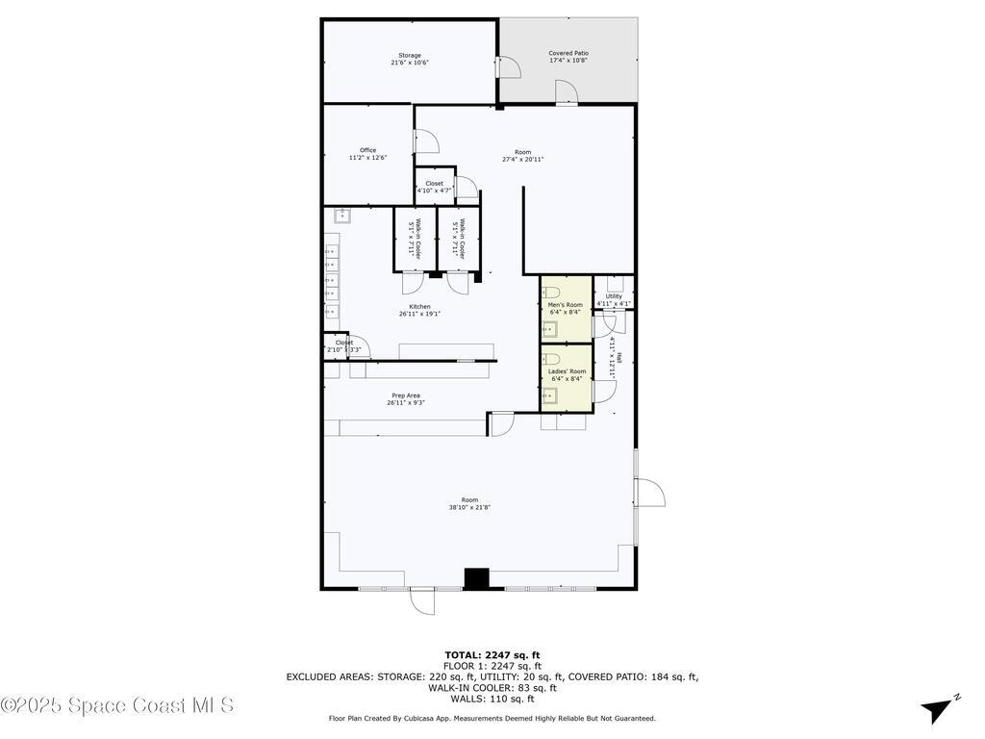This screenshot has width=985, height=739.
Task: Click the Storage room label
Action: click(410, 59)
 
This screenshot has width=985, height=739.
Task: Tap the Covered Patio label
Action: click(568, 57)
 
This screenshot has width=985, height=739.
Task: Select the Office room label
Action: click(367, 154)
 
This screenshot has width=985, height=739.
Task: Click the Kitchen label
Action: click(419, 310)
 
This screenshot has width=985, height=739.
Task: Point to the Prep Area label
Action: click(405, 398)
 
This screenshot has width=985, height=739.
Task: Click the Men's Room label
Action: click(565, 308)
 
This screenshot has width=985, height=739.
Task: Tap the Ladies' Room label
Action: click(567, 374)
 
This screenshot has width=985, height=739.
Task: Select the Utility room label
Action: click(613, 299)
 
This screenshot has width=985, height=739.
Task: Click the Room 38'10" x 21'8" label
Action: click(469, 503)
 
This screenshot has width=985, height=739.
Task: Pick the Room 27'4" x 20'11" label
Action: click(522, 155)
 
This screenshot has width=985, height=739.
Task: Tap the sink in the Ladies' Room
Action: click(549, 395)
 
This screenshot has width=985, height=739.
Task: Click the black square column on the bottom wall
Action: click(476, 577)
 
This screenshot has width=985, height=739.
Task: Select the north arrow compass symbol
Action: click(939, 708)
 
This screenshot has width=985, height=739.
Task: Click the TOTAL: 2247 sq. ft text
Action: click(492, 654)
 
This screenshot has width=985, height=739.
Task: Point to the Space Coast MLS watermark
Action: click(117, 705)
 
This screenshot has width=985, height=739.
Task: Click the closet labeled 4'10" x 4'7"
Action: click(435, 186)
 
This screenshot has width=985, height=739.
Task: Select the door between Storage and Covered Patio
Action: click(510, 64)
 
